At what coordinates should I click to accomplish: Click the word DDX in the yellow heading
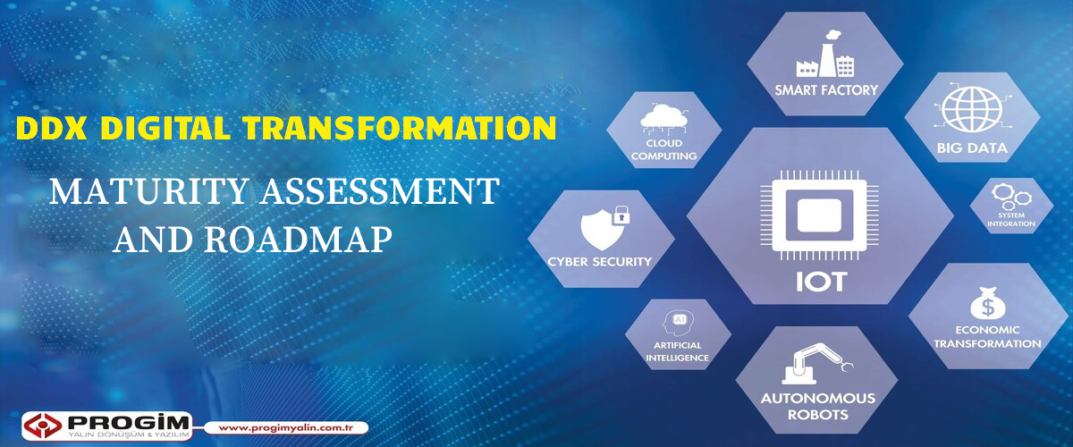tap(51, 128)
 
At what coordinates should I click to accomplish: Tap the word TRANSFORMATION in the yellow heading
tap(400, 128)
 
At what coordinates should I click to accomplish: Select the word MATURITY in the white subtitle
tap(148, 191)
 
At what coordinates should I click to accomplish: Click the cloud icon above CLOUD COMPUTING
tap(663, 119)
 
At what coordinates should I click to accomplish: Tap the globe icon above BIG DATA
tap(971, 110)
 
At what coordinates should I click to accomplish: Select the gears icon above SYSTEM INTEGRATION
tap(1011, 197)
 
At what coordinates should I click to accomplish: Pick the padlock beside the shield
tap(621, 215)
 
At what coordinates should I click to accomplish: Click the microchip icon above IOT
tap(819, 215)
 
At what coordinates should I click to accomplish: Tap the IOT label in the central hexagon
tap(821, 282)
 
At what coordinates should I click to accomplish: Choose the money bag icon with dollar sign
tap(987, 303)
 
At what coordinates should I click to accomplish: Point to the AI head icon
tap(678, 323)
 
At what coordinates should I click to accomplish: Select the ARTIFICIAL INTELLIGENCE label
tap(678, 351)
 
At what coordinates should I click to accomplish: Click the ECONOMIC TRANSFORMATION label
tap(987, 337)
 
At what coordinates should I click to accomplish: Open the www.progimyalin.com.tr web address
tap(286, 428)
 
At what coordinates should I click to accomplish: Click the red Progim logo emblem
tap(43, 425)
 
